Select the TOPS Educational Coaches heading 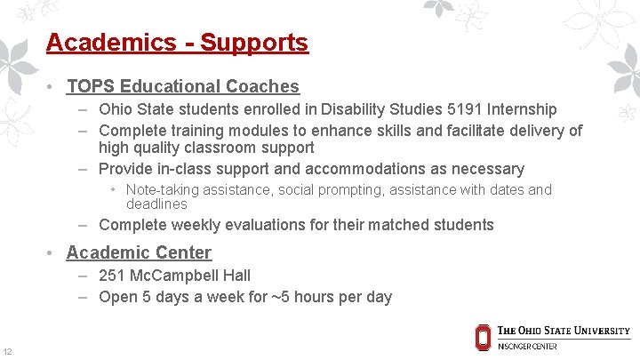[182, 86]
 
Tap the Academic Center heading [139, 252]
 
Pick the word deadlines [156, 204]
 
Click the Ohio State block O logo [483, 337]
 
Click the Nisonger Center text [527, 347]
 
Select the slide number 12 [7, 351]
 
